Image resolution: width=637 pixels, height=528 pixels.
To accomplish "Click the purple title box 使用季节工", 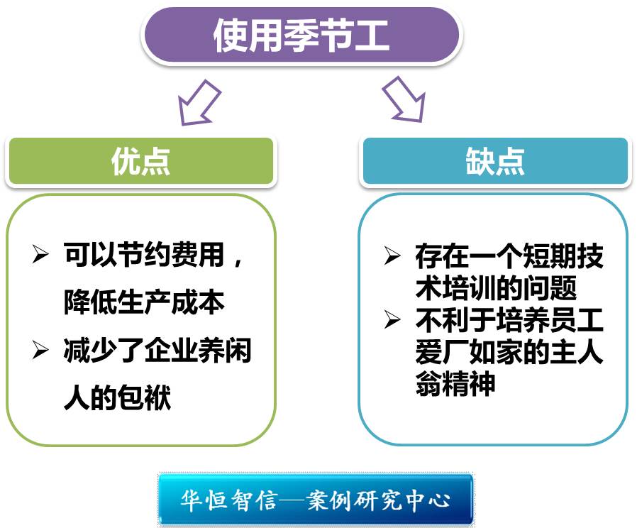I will [x=301, y=35].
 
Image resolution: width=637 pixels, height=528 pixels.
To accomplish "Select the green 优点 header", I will [x=140, y=162].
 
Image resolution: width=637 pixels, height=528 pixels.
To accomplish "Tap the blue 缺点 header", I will [x=495, y=162].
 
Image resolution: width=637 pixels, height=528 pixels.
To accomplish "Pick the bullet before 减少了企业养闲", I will [x=40, y=350].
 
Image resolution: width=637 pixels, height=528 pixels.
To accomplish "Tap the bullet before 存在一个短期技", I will [x=392, y=255].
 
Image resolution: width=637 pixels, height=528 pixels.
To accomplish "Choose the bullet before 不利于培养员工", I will [x=392, y=321].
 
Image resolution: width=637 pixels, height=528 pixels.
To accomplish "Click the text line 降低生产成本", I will [x=144, y=302].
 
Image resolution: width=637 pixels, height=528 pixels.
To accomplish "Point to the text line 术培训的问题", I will [x=496, y=288].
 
